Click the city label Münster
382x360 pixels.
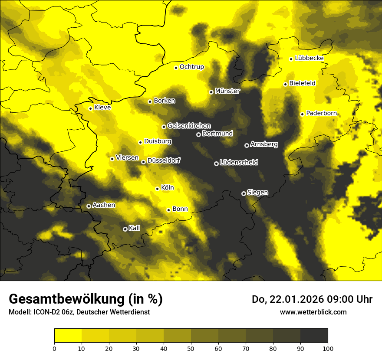pos(227,91)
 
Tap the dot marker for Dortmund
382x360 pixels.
pos(198,134)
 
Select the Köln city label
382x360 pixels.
pos(168,188)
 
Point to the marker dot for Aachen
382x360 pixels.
pos(89,206)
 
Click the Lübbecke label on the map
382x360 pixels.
pos(309,58)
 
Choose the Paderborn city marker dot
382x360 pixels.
pos(302,114)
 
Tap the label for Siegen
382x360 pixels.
pos(257,193)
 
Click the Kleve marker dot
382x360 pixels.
pos(90,108)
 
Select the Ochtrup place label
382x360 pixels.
pos(192,67)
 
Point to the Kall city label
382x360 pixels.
pos(135,228)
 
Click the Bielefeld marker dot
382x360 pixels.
pos(285,84)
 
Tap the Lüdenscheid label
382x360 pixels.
pos(239,163)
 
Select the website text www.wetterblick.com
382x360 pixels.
pos(313,312)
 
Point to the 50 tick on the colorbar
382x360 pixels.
pos(191,348)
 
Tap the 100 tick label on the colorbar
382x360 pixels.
pos(328,348)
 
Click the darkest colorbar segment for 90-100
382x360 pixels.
pos(314,336)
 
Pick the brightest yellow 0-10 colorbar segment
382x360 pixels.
pos(68,336)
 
